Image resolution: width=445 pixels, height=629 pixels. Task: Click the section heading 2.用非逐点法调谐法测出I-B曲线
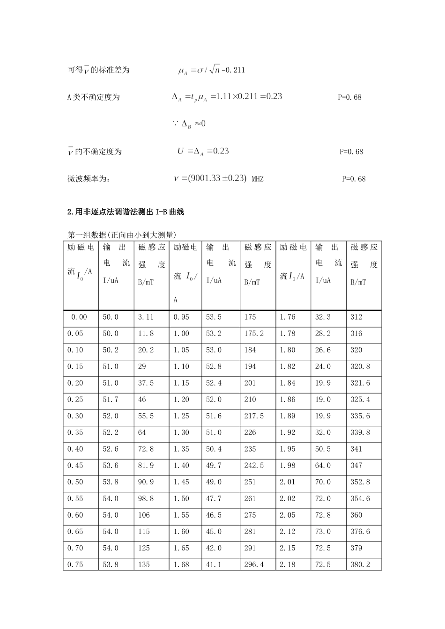[126, 212]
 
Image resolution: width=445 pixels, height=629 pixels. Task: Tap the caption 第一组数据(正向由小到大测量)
[122, 235]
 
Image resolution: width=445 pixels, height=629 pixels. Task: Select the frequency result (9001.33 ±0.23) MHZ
[218, 178]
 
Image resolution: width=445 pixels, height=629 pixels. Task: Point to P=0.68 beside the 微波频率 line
[354, 179]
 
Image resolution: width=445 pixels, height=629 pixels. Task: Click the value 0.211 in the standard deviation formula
[235, 70]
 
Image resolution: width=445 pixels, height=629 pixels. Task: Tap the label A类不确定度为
[94, 97]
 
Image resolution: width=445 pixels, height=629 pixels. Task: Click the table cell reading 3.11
[146, 317]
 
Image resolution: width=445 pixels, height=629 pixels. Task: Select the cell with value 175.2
[254, 334]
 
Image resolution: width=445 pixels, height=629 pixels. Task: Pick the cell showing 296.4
[254, 565]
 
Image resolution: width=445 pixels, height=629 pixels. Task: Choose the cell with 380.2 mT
[360, 565]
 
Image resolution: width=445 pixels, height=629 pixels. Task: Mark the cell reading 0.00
[79, 317]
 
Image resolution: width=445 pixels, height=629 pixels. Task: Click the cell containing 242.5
[254, 466]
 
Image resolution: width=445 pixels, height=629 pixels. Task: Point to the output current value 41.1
[214, 565]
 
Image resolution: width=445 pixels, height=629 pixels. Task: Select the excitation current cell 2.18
[288, 565]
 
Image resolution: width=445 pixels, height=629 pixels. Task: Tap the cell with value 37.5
[146, 383]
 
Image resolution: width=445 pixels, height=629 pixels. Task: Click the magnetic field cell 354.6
[360, 499]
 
